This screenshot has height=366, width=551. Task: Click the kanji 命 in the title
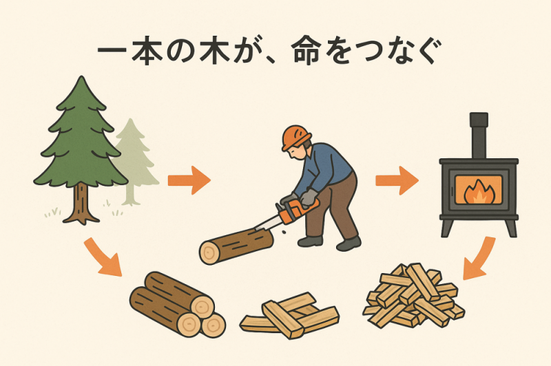[306, 51]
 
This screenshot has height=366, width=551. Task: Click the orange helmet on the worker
[296, 138]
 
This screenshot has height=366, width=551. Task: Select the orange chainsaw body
[297, 211]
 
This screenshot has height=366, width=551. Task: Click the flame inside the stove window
[479, 193]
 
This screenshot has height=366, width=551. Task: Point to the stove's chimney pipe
[479, 136]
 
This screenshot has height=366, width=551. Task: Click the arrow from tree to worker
[189, 180]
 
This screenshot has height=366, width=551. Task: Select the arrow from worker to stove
[397, 180]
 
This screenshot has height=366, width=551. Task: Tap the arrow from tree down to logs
[102, 257]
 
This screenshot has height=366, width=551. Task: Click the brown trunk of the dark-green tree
[81, 204]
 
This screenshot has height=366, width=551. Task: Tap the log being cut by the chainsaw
[236, 246]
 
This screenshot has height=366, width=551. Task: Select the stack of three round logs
[178, 304]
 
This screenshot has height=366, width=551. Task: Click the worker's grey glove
[309, 197]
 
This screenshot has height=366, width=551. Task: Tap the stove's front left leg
[446, 228]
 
